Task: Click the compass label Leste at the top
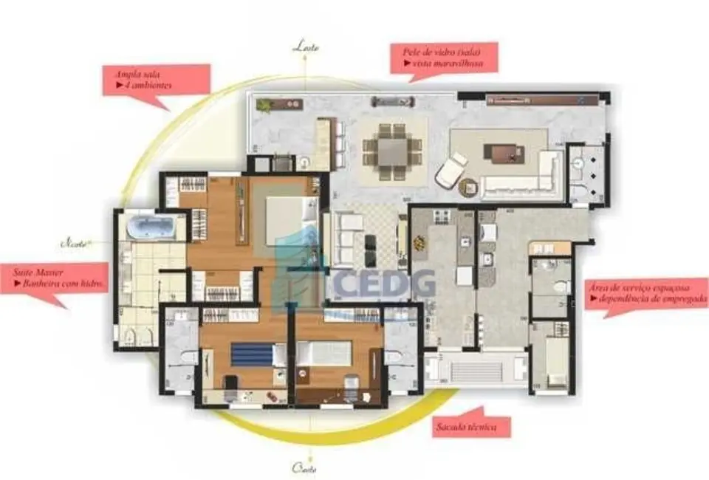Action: (306, 47)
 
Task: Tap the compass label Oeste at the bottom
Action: (304, 467)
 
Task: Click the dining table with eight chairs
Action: (393, 151)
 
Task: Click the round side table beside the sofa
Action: (468, 188)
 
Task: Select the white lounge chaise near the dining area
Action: (450, 170)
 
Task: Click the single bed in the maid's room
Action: (550, 360)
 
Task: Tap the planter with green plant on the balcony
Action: (264, 106)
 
